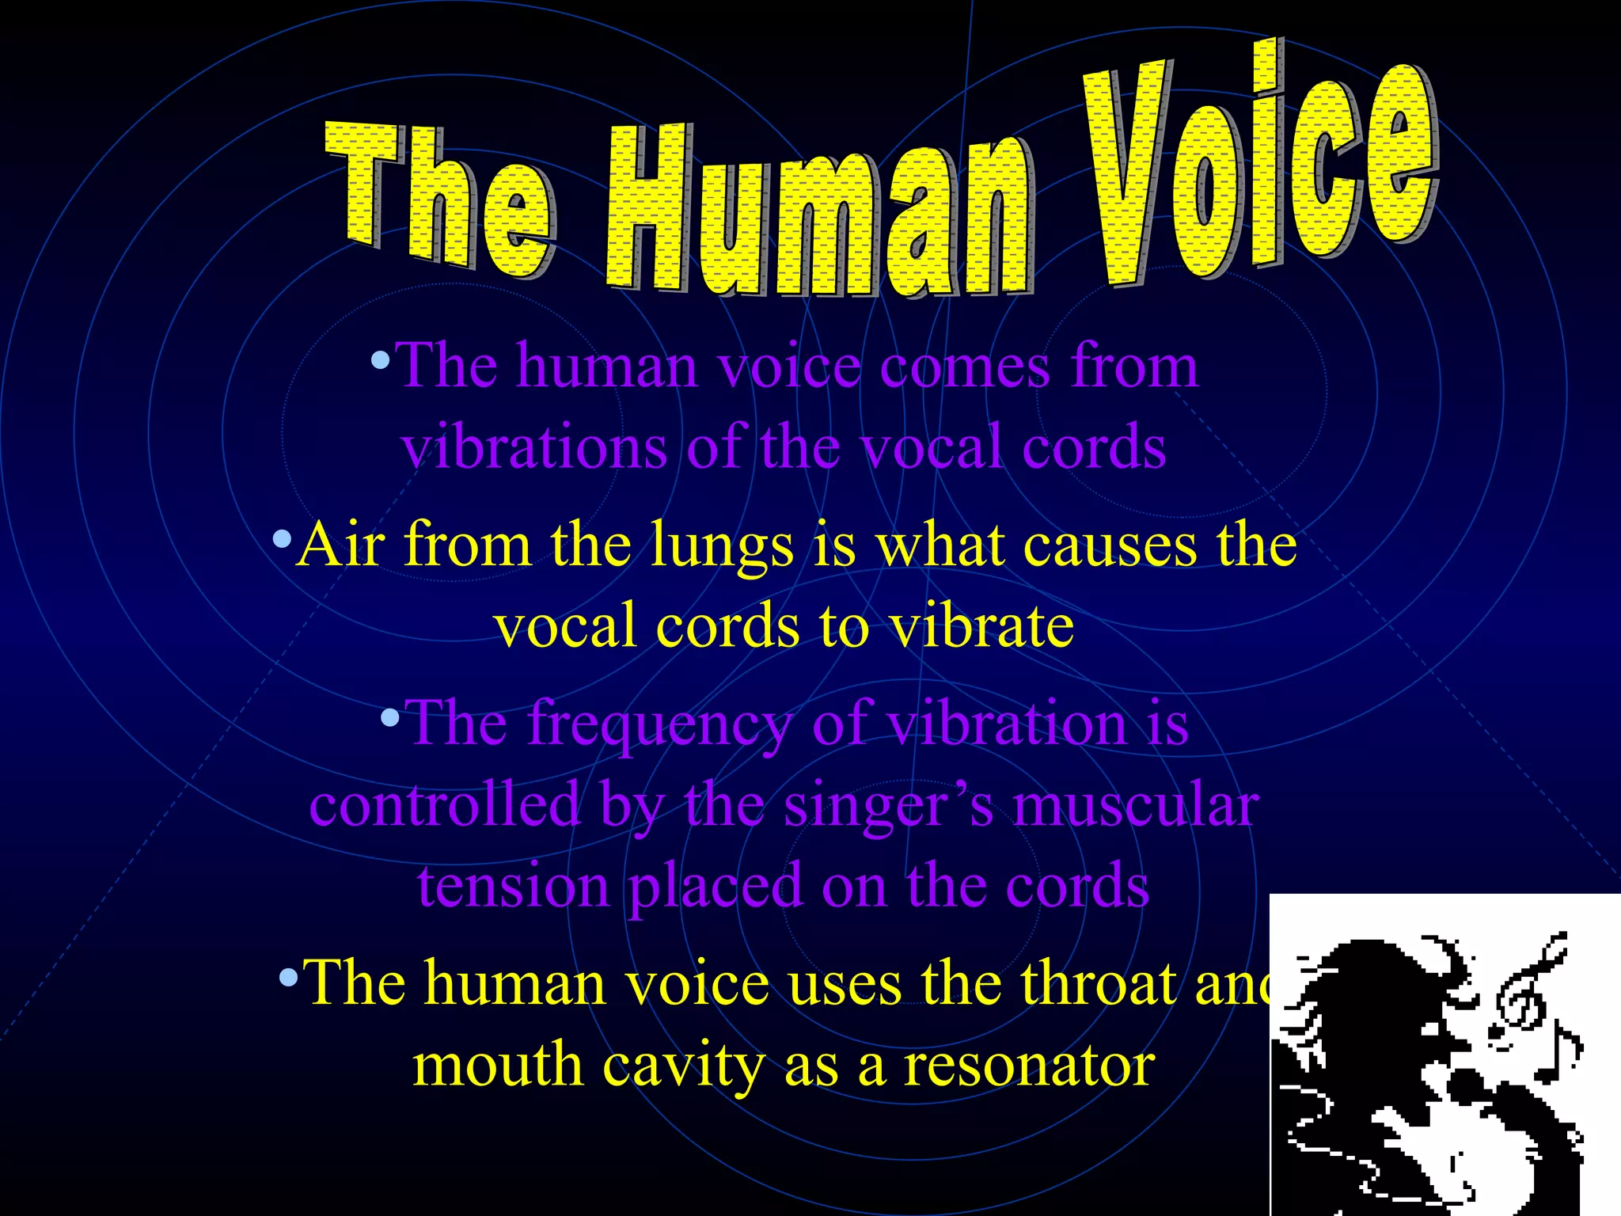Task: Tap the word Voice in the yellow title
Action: point(1258,166)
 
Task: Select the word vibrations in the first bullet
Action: point(534,447)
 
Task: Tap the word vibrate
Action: point(981,626)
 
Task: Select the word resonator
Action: point(1029,1066)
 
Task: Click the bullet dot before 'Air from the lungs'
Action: point(282,541)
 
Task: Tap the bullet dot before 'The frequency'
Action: point(390,719)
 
